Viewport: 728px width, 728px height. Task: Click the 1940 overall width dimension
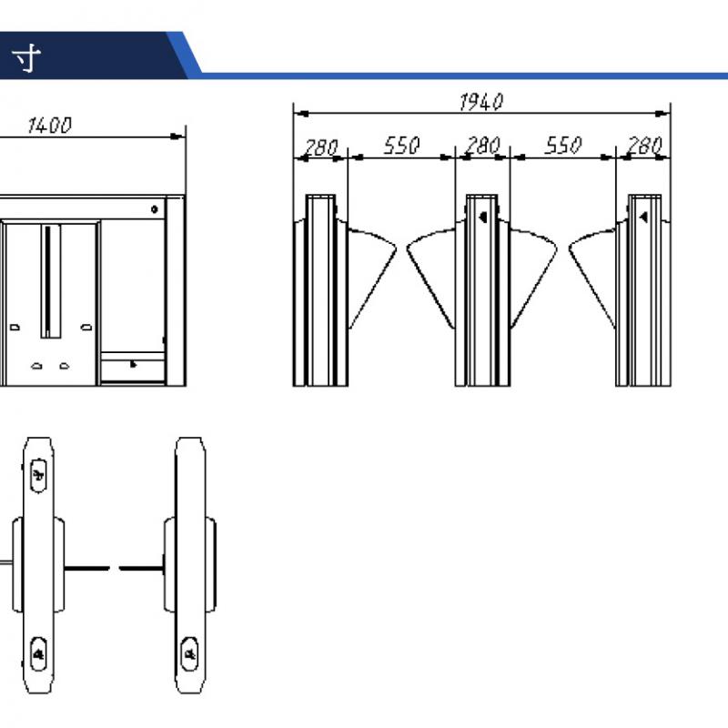click(481, 102)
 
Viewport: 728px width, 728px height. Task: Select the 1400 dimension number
click(50, 126)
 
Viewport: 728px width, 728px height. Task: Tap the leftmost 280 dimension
click(320, 147)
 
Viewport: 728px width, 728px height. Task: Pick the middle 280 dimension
click(483, 146)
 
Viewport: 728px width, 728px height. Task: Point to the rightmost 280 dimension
click(644, 146)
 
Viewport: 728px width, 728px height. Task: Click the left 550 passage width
click(401, 146)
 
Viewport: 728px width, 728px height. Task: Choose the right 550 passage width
click(562, 146)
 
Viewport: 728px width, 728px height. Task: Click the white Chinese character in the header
click(26, 58)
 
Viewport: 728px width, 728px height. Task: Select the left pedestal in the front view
click(320, 290)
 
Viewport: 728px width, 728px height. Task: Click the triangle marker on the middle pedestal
click(483, 217)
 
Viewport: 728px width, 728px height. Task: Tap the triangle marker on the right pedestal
click(643, 217)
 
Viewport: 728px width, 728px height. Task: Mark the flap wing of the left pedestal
click(372, 278)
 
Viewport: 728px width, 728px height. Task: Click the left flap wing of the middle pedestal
click(430, 278)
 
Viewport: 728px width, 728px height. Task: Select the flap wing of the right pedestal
click(592, 278)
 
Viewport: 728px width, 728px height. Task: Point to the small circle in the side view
click(155, 209)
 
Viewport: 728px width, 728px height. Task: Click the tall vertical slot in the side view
click(51, 281)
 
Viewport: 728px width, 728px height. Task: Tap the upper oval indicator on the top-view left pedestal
click(38, 475)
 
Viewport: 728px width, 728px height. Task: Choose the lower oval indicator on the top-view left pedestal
click(38, 653)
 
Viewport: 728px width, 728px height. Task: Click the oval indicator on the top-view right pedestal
click(189, 653)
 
